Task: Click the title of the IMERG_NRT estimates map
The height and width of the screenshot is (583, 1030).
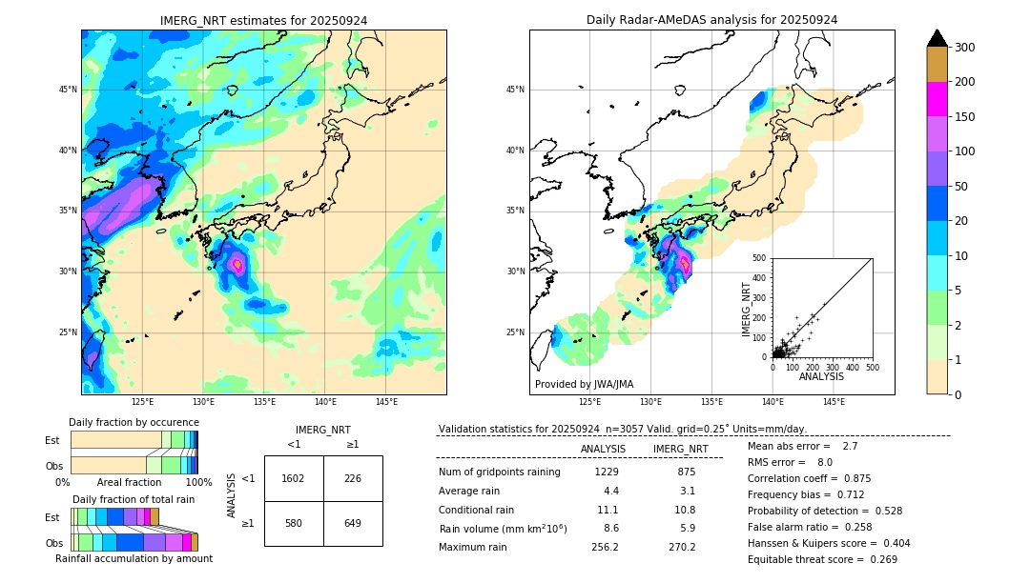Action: pos(263,20)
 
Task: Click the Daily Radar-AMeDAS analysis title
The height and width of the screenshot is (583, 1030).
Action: pos(711,20)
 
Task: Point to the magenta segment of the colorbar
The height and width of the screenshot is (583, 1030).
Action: pos(937,99)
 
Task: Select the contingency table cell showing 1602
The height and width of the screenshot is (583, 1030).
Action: pos(294,478)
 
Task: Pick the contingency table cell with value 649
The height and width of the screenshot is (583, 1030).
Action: pos(353,523)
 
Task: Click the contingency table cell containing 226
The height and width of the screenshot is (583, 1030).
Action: pos(353,478)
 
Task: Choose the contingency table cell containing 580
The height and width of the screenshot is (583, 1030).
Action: pos(294,523)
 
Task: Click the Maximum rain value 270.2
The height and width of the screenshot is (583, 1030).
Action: pos(682,547)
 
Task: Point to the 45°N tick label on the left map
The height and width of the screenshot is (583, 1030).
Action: pos(68,90)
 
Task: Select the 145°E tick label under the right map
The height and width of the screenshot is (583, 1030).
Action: pos(834,402)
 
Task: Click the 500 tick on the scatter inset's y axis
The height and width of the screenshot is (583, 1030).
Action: pos(760,258)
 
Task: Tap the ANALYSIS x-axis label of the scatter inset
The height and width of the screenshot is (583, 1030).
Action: pos(821,377)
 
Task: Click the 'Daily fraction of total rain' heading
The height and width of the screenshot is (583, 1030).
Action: pos(134,499)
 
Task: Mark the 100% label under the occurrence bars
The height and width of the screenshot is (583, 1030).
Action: pos(197,483)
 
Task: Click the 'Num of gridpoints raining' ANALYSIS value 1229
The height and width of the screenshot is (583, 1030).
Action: pos(607,472)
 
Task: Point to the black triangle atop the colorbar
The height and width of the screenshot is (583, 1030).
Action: pos(937,38)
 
